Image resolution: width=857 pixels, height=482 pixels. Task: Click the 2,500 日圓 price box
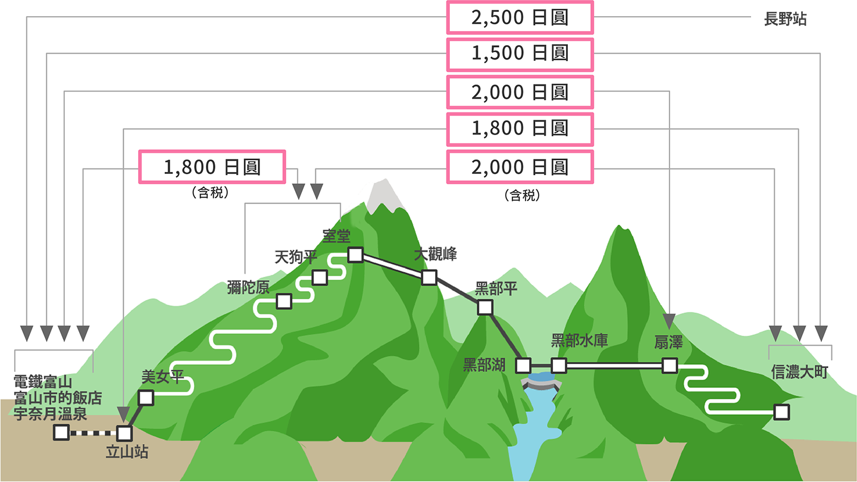tap(520, 18)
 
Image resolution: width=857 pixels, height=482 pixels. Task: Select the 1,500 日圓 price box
tap(520, 54)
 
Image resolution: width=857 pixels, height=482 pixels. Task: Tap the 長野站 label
tap(785, 19)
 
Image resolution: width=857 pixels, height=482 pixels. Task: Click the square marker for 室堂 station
tap(355, 255)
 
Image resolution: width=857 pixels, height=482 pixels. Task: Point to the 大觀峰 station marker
tap(429, 277)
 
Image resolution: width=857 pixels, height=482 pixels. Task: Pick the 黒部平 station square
tap(485, 307)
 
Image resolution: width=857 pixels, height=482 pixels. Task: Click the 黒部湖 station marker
tap(523, 366)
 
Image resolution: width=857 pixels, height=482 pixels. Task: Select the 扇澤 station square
tap(670, 366)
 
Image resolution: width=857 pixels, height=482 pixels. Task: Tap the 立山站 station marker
tap(124, 433)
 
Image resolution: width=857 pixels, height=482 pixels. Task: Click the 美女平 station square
tap(146, 398)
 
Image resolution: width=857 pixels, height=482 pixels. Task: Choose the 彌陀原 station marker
tap(284, 302)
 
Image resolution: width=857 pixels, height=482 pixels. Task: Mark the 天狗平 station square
tap(320, 278)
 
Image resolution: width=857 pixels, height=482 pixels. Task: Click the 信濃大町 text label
tap(799, 372)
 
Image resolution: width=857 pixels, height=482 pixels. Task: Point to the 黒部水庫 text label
tap(579, 340)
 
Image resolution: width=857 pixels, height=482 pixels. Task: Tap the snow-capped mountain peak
tap(384, 195)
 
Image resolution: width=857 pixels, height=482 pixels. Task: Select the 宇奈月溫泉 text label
tap(50, 414)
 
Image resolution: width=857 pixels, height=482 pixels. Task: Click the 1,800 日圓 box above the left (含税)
tap(212, 167)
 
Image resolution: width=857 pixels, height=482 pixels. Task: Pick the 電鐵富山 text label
tap(43, 382)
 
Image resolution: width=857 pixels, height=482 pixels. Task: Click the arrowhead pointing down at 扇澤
tap(669, 321)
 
